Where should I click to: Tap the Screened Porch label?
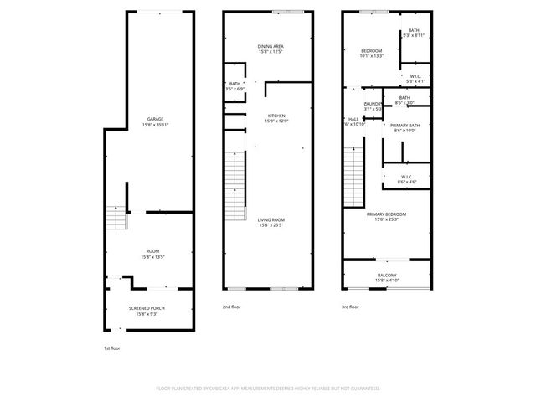coord(147,308)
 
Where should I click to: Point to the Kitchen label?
coord(276,116)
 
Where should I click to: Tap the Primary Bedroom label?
coord(387,214)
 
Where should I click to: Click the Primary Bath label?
coord(405,125)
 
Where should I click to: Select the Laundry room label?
coord(373,104)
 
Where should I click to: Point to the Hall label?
coord(353,119)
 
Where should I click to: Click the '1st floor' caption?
coord(112,347)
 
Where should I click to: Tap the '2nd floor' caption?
coord(231,307)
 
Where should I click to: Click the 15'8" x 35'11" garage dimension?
coord(155,125)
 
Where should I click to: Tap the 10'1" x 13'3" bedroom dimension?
coord(371,56)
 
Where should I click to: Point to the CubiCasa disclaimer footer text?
coord(268,389)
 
